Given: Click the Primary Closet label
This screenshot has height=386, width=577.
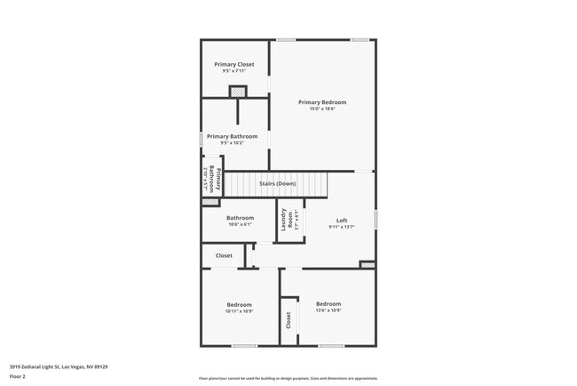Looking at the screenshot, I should click(233, 64).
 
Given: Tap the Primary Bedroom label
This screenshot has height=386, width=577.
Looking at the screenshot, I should click(322, 102).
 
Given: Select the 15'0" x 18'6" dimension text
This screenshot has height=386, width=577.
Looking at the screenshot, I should click(322, 109).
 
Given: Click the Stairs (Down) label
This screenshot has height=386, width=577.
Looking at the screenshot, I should click(277, 184).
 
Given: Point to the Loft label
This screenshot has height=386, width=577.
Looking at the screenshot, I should click(342, 221).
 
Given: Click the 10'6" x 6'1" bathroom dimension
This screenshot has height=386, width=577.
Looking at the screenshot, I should click(240, 224).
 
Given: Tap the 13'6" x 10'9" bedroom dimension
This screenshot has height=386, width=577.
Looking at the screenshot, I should click(328, 310).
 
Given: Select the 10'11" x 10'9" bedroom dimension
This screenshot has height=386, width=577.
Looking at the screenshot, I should click(239, 311).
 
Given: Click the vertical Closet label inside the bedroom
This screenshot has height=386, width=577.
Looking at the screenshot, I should click(288, 320).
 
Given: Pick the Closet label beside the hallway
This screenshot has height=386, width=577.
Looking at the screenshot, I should click(224, 256).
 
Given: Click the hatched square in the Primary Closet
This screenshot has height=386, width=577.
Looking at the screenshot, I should click(237, 90).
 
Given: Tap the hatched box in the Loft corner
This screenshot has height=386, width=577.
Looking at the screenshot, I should click(367, 264).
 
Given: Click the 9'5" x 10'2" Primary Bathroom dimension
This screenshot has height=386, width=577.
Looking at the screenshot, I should click(233, 143).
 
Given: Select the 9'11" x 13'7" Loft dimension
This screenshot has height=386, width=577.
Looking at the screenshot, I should click(342, 227).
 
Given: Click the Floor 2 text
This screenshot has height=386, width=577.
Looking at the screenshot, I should click(18, 376).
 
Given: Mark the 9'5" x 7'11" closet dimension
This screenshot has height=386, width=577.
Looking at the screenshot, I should click(233, 71).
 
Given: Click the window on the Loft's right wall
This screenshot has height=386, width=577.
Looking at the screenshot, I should click(375, 218).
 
